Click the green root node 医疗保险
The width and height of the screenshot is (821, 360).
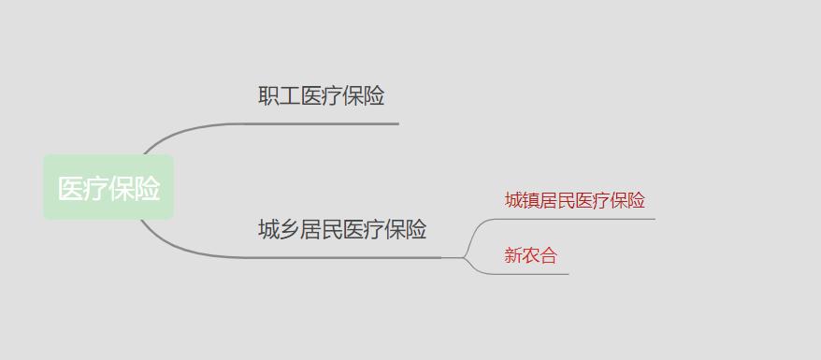pos(108,188)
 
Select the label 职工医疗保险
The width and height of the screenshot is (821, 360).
pos(321,95)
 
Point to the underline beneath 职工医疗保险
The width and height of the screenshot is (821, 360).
pos(327,123)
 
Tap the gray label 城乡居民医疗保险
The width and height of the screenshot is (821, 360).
pos(342,229)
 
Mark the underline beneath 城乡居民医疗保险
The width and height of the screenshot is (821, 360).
pos(346,256)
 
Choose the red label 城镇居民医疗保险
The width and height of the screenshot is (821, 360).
pos(574,200)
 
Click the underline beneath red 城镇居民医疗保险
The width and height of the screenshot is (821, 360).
pos(580,219)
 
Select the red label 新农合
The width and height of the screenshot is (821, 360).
pos(530,255)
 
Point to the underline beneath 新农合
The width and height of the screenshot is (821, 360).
pos(533,274)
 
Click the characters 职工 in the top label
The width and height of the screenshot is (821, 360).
pos(279,95)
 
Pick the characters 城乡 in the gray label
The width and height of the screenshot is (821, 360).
pos(279,229)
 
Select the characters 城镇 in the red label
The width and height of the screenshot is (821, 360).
pos(522,200)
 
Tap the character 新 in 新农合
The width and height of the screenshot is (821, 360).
pos(513,255)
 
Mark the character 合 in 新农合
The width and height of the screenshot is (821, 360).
pos(548,255)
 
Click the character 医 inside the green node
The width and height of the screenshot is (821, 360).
pos(71,188)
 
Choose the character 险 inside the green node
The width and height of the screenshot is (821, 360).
pos(147,188)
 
